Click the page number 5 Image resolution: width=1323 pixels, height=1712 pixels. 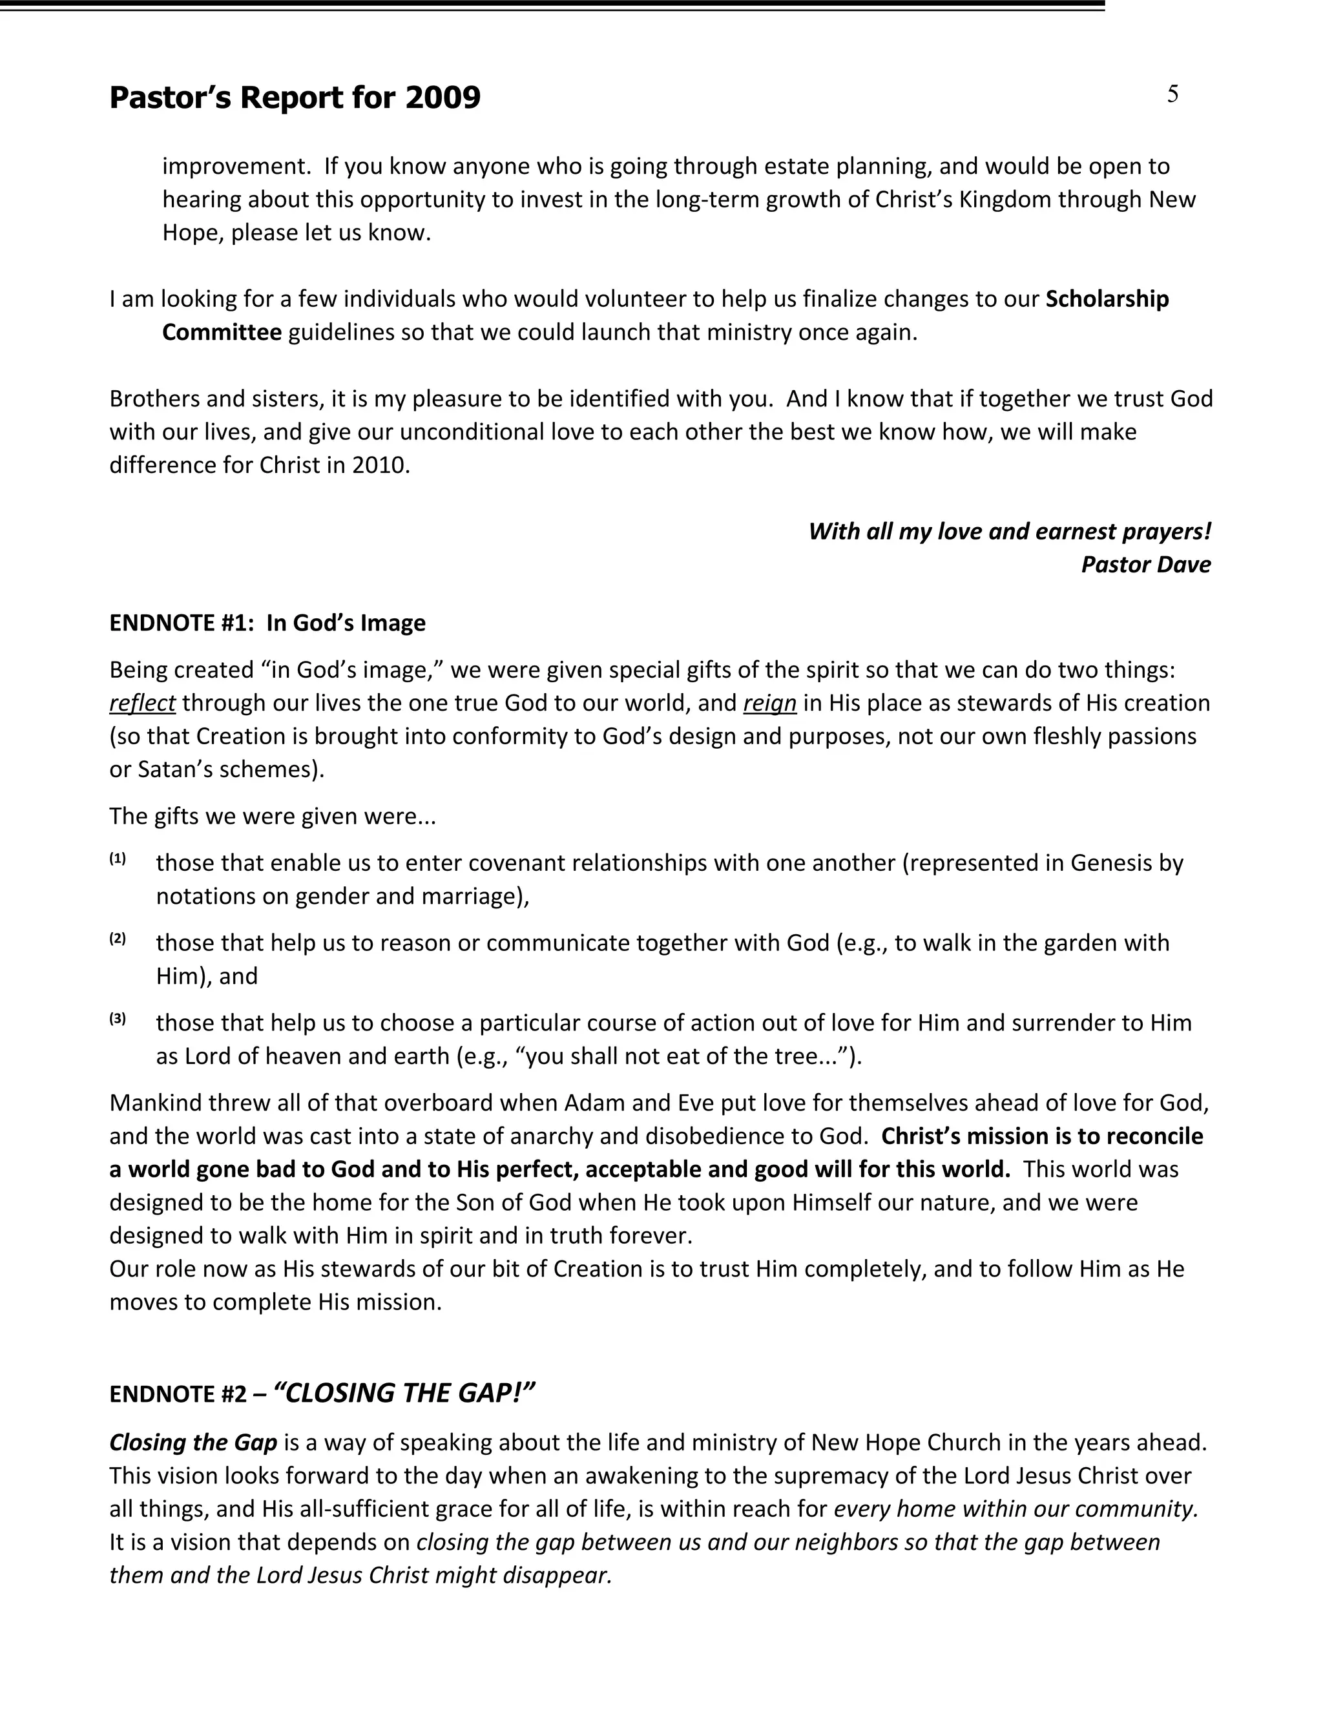pyautogui.click(x=1172, y=94)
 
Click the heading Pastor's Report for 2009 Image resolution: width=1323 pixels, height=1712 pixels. pyautogui.click(x=295, y=98)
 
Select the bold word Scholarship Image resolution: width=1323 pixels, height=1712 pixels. pyautogui.click(x=1107, y=298)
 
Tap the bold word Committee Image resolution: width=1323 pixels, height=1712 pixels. pyautogui.click(x=222, y=332)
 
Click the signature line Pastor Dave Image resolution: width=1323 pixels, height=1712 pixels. pyautogui.click(x=1145, y=565)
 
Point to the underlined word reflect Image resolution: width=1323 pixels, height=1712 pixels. pyautogui.click(x=142, y=703)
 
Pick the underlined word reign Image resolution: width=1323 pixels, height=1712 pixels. pyautogui.click(x=769, y=703)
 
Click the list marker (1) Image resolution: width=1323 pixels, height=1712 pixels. pyautogui.click(x=118, y=859)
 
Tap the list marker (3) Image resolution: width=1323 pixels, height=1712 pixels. pyautogui.click(x=118, y=1019)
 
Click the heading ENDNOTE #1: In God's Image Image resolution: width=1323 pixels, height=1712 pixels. pyautogui.click(x=267, y=623)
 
